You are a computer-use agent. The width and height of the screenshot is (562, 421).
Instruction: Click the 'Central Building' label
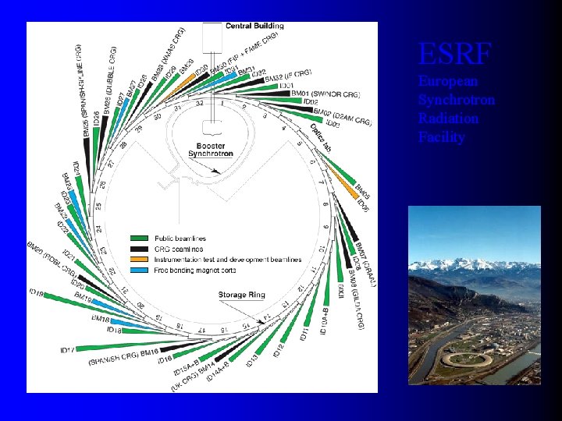254,26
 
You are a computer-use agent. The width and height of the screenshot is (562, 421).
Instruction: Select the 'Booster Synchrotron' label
210,150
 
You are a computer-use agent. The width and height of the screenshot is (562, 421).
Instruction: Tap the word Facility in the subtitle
441,137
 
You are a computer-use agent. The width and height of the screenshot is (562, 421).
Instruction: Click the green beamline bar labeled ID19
78,297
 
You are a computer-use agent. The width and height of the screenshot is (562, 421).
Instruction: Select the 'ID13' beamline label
253,359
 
